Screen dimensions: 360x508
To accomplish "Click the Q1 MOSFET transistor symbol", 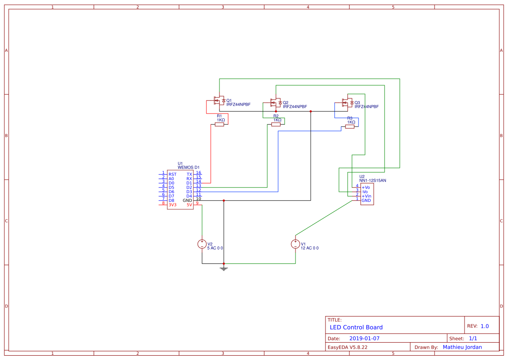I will pyautogui.click(x=219, y=102).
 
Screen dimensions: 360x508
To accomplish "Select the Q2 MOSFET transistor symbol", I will pyautogui.click(x=275, y=103).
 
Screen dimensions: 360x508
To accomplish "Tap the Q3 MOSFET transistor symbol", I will pyautogui.click(x=347, y=103).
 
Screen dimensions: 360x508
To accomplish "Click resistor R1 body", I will pyautogui.click(x=219, y=125).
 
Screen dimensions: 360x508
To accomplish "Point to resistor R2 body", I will pyautogui.click(x=276, y=125).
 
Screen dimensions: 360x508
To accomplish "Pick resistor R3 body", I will pyautogui.click(x=350, y=127).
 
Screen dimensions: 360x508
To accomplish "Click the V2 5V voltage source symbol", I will pyautogui.click(x=202, y=244).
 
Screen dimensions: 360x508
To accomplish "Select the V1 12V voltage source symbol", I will pyautogui.click(x=296, y=244).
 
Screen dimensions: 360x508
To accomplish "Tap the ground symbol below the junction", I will pyautogui.click(x=224, y=268).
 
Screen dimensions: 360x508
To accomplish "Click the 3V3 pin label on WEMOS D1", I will pyautogui.click(x=173, y=205).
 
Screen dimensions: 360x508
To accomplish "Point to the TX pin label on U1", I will pyautogui.click(x=189, y=174).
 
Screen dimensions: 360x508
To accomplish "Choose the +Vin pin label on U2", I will pyautogui.click(x=366, y=196).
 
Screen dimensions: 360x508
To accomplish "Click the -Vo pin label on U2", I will pyautogui.click(x=365, y=192).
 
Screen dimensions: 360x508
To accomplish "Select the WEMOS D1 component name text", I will pyautogui.click(x=189, y=167).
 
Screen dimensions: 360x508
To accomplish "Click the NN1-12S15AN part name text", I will pyautogui.click(x=372, y=180).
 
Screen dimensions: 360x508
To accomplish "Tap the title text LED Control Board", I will pyautogui.click(x=356, y=327).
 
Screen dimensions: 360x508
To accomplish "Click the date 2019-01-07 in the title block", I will pyautogui.click(x=365, y=338).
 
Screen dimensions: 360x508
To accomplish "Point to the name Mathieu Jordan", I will pyautogui.click(x=462, y=347).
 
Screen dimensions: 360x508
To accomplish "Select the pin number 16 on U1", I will pyautogui.click(x=199, y=173).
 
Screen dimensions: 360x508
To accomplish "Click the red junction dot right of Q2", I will pyautogui.click(x=311, y=111).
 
